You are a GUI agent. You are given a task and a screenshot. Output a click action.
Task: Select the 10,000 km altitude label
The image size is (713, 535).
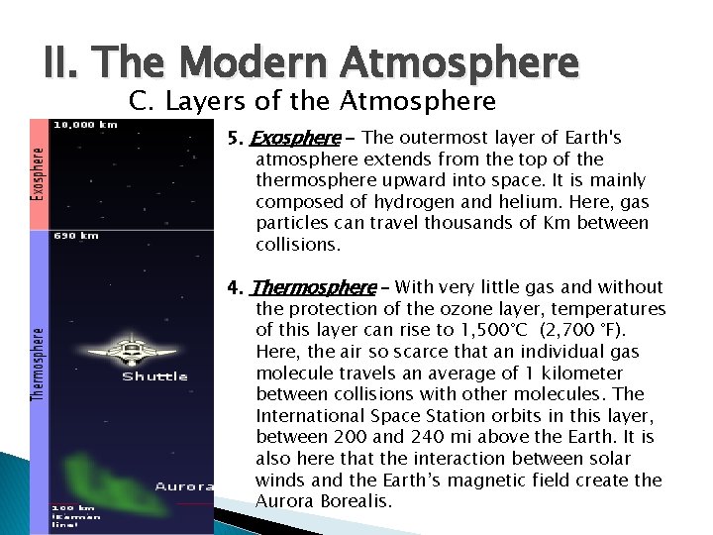(85, 125)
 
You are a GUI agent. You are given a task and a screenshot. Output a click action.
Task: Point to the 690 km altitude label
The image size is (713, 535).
(75, 236)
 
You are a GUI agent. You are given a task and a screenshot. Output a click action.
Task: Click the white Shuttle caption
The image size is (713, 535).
(154, 376)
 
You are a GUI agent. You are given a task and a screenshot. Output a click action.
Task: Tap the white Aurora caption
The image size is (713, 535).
(183, 486)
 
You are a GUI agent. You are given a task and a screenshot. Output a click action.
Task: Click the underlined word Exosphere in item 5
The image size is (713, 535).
(295, 138)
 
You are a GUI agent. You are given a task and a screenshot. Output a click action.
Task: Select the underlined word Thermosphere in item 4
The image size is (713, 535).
(313, 287)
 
